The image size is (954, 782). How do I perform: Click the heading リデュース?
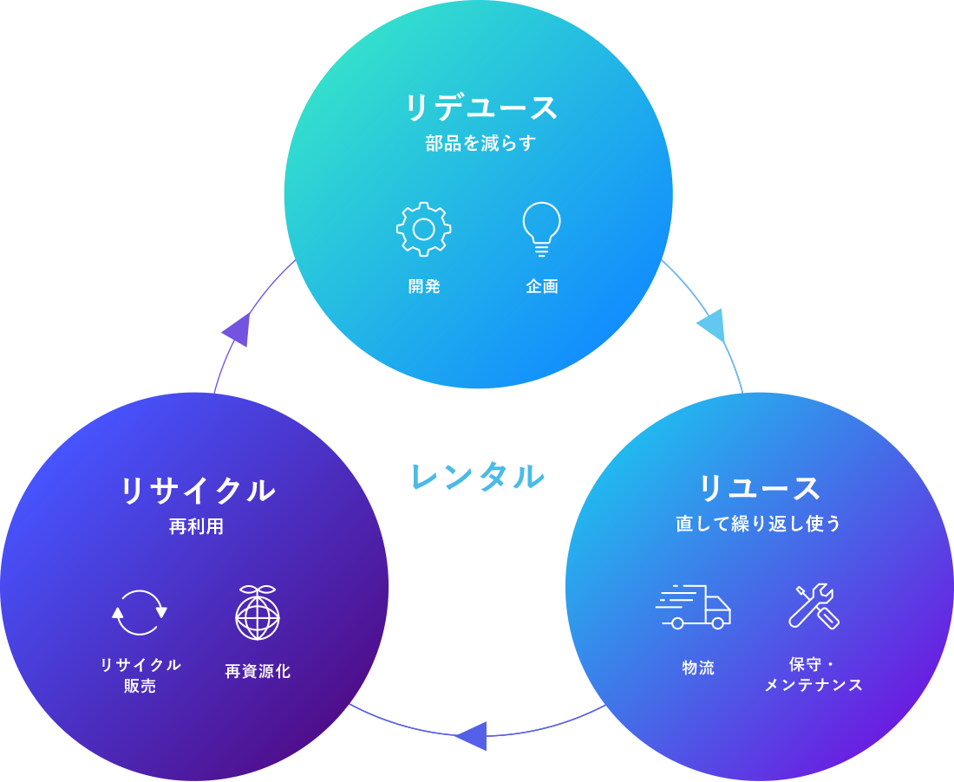[481, 108]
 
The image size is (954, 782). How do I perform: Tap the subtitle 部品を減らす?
[481, 143]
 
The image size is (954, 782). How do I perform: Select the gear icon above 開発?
[423, 229]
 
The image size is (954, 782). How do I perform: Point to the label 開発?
[424, 286]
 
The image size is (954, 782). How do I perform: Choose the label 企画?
[541, 286]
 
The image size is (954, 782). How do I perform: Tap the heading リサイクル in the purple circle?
[197, 491]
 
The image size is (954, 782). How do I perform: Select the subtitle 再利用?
[196, 526]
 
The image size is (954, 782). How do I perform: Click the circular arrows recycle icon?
[140, 613]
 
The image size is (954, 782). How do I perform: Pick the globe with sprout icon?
[258, 612]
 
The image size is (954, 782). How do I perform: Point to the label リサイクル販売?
[140, 675]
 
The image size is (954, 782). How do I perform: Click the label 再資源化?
[258, 671]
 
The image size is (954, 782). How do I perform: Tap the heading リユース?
[759, 488]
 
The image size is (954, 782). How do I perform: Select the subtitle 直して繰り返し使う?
[759, 524]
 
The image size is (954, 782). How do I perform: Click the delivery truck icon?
[694, 606]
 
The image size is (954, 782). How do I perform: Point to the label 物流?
[698, 668]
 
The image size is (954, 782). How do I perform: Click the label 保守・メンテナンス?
[814, 674]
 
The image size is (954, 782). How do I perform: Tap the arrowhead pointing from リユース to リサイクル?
[471, 736]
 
